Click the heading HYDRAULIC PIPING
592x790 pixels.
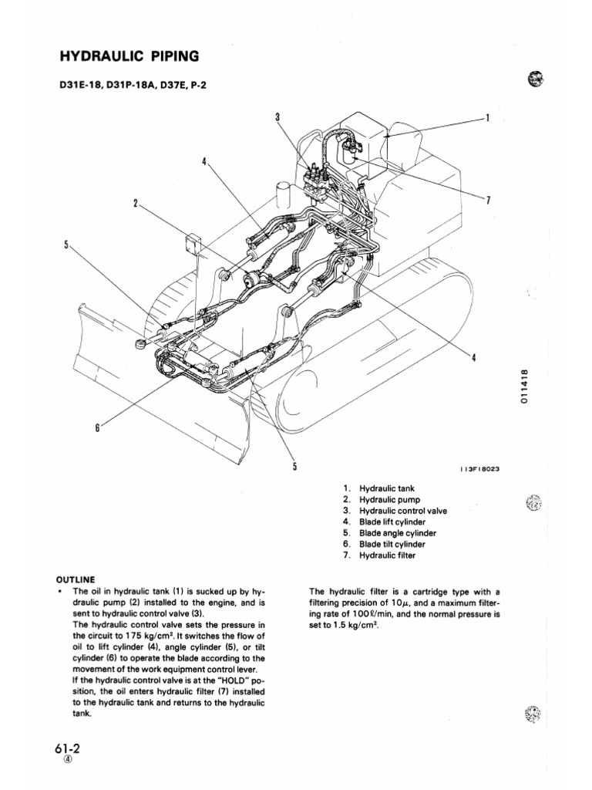(129, 56)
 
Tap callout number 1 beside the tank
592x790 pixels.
(487, 119)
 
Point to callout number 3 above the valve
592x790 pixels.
(277, 116)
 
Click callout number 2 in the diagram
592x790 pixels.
(136, 204)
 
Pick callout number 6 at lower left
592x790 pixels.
(98, 427)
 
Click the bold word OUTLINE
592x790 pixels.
(75, 578)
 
